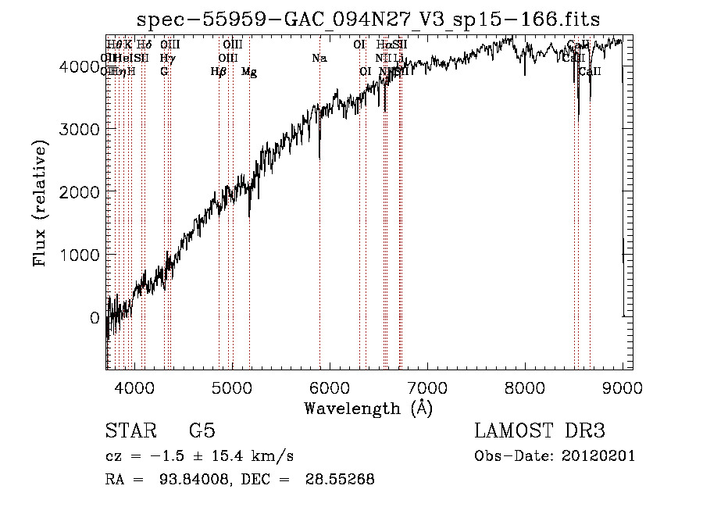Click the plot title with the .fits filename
pyautogui.click(x=368, y=20)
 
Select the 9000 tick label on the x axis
pyautogui.click(x=623, y=386)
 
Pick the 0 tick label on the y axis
pyautogui.click(x=93, y=318)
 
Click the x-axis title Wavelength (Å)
pyautogui.click(x=368, y=408)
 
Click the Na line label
pyautogui.click(x=319, y=58)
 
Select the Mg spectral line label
pyautogui.click(x=249, y=72)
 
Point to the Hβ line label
pyautogui.click(x=219, y=72)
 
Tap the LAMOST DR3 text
pyautogui.click(x=540, y=431)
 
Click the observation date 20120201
pyautogui.click(x=598, y=456)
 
